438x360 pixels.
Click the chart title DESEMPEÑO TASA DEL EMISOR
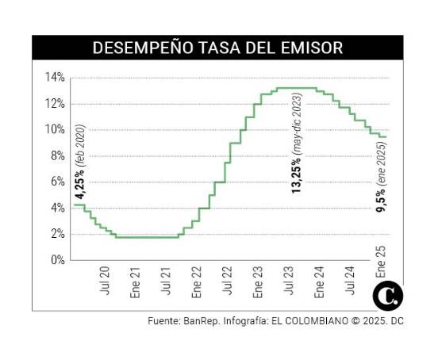[x=218, y=48]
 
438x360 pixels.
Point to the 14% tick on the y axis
[x=55, y=78]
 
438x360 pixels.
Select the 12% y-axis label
[x=55, y=104]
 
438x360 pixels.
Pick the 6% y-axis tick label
[x=57, y=182]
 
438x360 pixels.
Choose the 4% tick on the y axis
[x=57, y=208]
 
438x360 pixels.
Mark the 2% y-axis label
[x=57, y=234]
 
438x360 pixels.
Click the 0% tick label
[x=57, y=260]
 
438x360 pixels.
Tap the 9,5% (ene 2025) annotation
[x=382, y=178]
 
